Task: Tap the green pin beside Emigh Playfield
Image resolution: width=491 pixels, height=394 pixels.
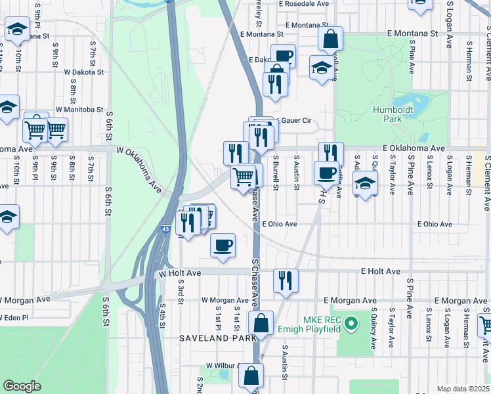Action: (351, 322)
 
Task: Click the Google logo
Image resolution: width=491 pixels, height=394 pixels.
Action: (22, 386)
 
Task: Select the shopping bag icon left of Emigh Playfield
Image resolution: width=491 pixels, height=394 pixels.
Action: (261, 323)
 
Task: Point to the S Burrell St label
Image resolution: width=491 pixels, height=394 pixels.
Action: (276, 173)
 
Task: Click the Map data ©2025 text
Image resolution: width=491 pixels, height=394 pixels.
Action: (463, 389)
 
